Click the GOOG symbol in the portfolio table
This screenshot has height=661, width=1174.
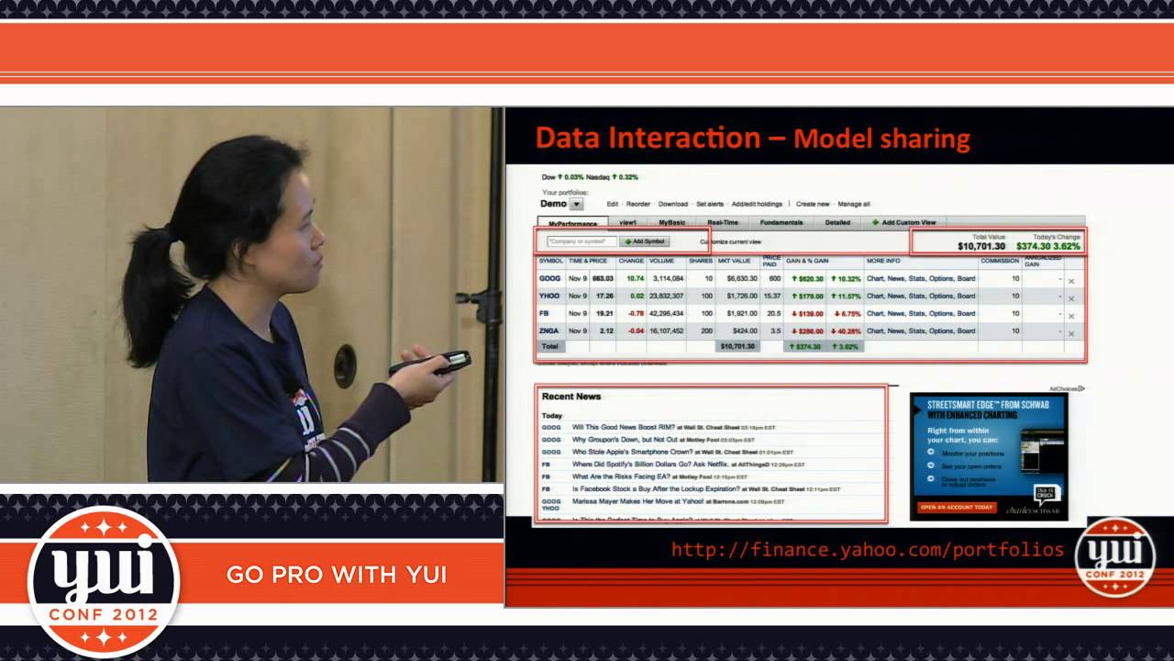(550, 278)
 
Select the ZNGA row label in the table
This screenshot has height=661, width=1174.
(550, 330)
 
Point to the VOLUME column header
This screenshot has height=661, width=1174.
(661, 261)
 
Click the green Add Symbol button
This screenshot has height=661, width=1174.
(645, 241)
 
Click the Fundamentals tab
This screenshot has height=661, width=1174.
(781, 222)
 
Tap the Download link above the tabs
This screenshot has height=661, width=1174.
(672, 204)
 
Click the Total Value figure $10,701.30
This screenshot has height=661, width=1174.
(980, 246)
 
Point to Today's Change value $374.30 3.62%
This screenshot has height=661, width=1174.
(1047, 246)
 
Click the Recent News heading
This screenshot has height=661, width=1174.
(571, 397)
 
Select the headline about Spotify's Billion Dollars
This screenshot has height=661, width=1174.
(649, 465)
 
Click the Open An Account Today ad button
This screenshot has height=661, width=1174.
(957, 507)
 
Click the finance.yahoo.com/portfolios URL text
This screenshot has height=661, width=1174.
(867, 549)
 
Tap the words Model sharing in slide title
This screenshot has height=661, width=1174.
(881, 140)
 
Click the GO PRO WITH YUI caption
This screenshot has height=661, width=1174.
(336, 575)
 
